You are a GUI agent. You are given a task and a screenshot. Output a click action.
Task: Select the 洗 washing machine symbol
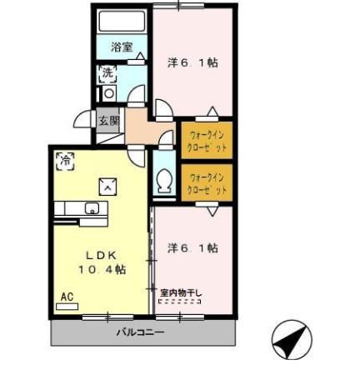(107, 73)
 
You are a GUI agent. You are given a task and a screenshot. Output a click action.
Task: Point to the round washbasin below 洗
(108, 93)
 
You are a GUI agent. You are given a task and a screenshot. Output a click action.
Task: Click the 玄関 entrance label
(109, 122)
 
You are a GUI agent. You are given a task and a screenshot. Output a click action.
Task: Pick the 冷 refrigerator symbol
(63, 157)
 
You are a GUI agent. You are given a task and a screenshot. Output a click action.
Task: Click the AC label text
(66, 296)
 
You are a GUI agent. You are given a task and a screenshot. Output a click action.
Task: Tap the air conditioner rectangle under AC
(67, 306)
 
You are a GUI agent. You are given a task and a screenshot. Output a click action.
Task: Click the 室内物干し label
(181, 292)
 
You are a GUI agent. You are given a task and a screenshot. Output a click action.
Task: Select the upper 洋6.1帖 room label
(192, 62)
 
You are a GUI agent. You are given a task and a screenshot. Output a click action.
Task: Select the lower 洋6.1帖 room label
(192, 247)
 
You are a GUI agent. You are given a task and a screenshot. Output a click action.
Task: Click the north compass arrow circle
(292, 341)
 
